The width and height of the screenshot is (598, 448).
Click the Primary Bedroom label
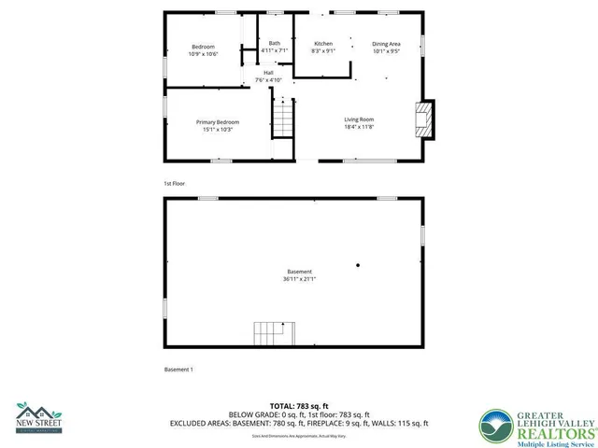click(x=217, y=122)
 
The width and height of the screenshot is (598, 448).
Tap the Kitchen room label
click(x=323, y=44)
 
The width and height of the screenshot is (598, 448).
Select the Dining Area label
click(x=386, y=44)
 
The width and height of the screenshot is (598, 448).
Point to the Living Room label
click(x=359, y=119)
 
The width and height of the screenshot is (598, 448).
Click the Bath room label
click(x=274, y=43)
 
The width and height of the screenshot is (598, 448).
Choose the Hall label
click(x=268, y=73)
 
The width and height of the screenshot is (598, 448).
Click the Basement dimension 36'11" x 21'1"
click(x=300, y=279)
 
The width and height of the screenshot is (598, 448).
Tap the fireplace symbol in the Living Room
click(x=423, y=119)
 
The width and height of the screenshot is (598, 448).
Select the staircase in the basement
click(x=273, y=332)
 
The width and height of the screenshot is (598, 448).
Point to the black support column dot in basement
click(x=357, y=265)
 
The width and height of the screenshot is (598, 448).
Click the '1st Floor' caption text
click(x=175, y=184)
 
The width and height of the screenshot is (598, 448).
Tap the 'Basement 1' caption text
click(x=178, y=371)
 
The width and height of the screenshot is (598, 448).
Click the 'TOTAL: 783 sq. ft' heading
click(x=298, y=406)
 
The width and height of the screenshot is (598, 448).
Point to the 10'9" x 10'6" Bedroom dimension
click(x=204, y=54)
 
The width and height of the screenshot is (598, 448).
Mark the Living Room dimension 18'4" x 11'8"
click(x=359, y=127)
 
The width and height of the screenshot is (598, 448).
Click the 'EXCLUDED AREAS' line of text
click(x=298, y=423)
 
